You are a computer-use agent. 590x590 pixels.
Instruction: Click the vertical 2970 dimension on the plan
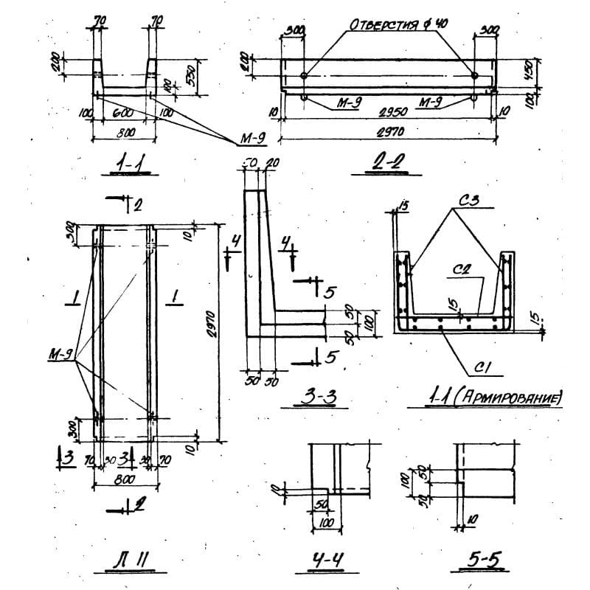pyautogui.click(x=212, y=331)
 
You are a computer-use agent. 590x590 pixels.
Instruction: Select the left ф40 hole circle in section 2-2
pyautogui.click(x=305, y=76)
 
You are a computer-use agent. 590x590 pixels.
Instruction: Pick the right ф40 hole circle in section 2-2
pyautogui.click(x=475, y=76)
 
